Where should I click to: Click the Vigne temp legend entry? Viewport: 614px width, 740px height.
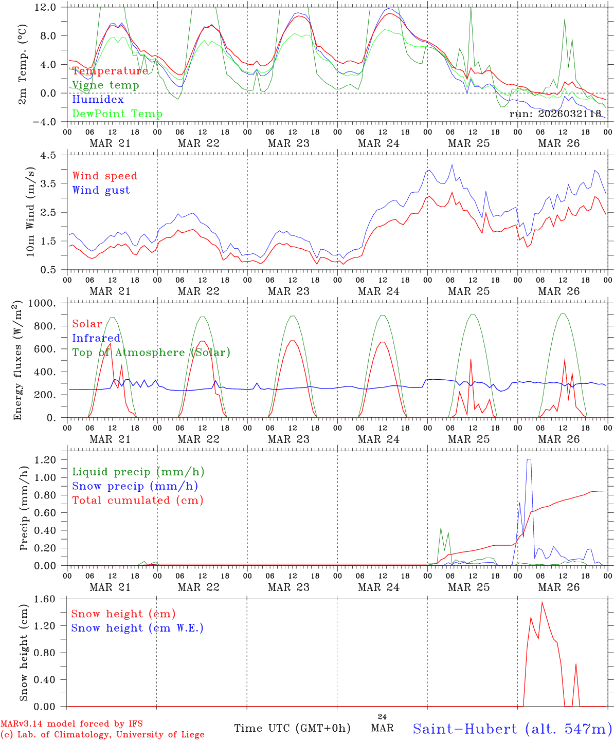click(x=105, y=85)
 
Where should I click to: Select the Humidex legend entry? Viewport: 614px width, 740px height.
click(x=98, y=100)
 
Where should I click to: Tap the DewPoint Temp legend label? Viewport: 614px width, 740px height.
click(x=117, y=114)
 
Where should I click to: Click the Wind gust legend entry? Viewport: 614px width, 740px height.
click(x=101, y=190)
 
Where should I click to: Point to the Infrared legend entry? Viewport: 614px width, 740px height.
click(x=96, y=338)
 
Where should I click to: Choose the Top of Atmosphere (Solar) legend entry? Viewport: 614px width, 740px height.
click(x=151, y=353)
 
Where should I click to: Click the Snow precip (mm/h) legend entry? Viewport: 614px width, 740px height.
click(x=135, y=486)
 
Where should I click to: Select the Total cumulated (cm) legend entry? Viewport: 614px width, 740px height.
click(x=137, y=501)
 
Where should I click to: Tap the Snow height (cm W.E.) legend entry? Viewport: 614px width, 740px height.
click(x=137, y=628)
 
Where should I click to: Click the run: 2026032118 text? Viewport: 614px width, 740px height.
click(x=555, y=114)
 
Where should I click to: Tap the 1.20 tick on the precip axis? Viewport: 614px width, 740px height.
click(x=46, y=460)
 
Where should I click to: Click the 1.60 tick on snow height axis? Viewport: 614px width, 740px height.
click(x=46, y=599)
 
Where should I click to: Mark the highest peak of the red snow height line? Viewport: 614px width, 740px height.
click(x=542, y=602)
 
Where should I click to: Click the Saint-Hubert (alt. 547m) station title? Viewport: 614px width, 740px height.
click(x=512, y=728)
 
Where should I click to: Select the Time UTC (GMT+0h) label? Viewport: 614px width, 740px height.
click(x=292, y=728)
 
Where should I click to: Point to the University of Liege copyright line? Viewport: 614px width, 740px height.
click(x=102, y=735)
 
